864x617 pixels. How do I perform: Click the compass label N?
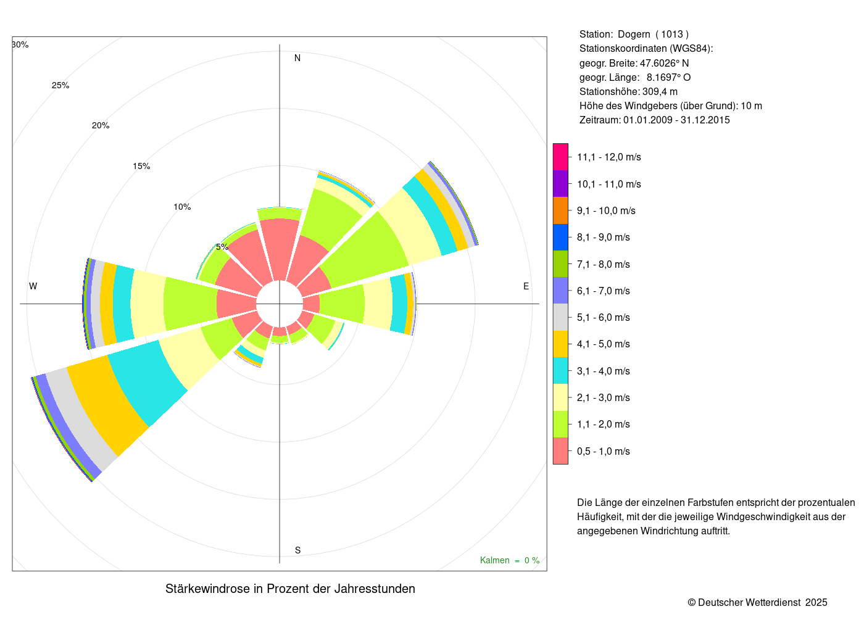[297, 58]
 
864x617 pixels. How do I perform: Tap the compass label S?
[297, 550]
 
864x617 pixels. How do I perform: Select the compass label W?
[33, 286]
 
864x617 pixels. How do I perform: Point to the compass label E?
[526, 286]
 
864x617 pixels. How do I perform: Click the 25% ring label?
[60, 86]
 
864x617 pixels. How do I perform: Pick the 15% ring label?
[141, 166]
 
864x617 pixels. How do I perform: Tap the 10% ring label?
[182, 207]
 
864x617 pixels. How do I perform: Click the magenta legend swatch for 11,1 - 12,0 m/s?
[560, 157]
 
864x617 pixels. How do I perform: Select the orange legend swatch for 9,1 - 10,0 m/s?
[560, 210]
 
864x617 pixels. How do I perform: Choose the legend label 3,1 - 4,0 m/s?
[603, 371]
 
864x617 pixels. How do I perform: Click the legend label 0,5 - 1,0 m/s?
[603, 451]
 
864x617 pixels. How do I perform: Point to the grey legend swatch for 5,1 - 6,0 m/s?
[560, 317]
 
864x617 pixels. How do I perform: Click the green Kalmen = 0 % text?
[510, 560]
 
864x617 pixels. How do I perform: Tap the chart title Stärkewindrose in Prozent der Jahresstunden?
[290, 589]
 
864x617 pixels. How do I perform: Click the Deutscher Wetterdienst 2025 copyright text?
[757, 602]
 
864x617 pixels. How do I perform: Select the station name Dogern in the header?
[634, 35]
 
